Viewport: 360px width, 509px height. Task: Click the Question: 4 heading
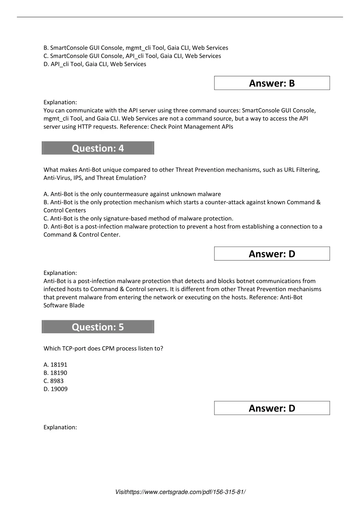tap(98, 148)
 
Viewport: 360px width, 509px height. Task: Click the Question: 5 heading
tap(98, 327)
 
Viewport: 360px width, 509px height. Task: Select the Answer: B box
tap(272, 83)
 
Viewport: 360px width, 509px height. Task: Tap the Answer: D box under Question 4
tap(272, 254)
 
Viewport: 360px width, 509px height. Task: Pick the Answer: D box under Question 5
tap(272, 408)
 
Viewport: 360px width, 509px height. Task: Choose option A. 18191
tap(55, 365)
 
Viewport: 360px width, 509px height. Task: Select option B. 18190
tap(55, 373)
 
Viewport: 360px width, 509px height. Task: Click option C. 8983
tap(54, 381)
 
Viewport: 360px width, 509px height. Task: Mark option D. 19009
tap(56, 389)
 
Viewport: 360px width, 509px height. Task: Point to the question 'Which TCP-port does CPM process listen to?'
tap(103, 349)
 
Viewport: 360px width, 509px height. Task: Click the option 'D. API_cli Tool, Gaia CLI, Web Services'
tap(95, 64)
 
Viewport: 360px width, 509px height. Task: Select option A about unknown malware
tap(132, 194)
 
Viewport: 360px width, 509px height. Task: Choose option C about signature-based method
tap(138, 219)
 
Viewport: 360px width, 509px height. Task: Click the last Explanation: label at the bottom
tap(60, 427)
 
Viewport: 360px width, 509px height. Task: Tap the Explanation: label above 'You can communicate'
tap(60, 102)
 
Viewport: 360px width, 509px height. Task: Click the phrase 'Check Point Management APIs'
tap(192, 127)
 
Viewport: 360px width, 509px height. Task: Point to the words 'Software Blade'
tap(64, 305)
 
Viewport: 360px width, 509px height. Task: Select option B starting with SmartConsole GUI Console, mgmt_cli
tap(136, 48)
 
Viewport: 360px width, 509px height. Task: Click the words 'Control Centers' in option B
tap(65, 211)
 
